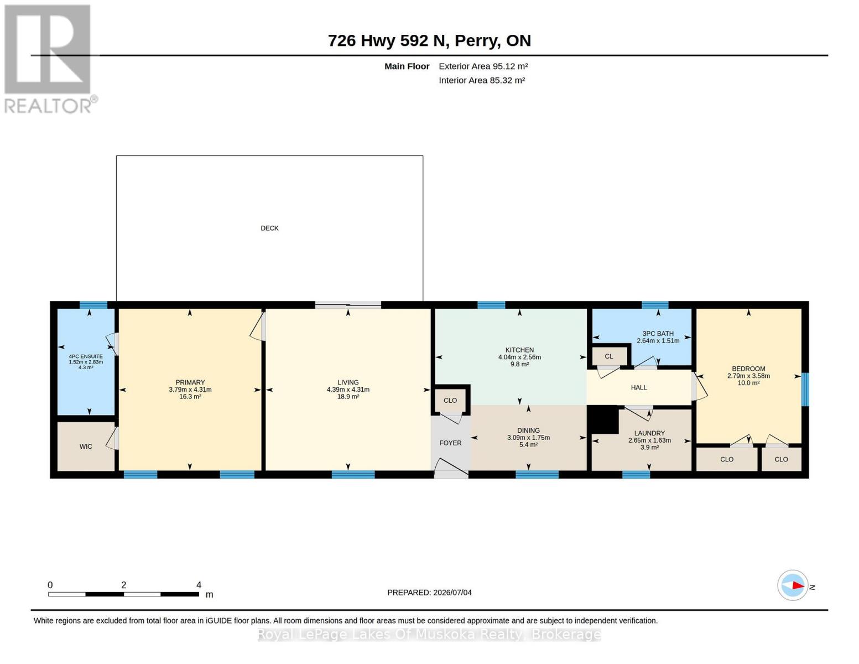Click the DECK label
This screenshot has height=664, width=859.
pos(269,228)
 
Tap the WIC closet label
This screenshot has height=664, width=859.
pos(86,447)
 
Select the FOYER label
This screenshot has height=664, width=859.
pos(450,443)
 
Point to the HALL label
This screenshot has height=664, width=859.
pos(638,387)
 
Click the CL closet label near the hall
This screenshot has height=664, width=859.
pos(608,356)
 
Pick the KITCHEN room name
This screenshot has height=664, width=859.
pos(519,350)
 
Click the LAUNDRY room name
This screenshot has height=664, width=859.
pos(649,433)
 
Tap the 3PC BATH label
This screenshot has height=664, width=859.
pos(658,334)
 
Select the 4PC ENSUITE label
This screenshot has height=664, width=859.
pos(85,356)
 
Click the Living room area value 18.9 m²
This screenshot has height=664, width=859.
pos(348,397)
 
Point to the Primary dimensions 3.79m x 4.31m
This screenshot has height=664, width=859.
pos(190,390)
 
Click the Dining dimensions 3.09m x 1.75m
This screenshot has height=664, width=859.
pos(528,437)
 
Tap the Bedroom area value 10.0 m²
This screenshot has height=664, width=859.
pos(748,383)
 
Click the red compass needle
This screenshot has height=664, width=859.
pos(798,585)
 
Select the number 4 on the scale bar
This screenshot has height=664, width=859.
pos(199,585)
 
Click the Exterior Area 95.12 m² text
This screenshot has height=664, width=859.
pos(483,66)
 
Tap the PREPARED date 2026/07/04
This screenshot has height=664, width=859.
pos(452,593)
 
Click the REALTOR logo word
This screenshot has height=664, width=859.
pos(48,106)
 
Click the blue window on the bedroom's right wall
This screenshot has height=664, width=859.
pos(805,389)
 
